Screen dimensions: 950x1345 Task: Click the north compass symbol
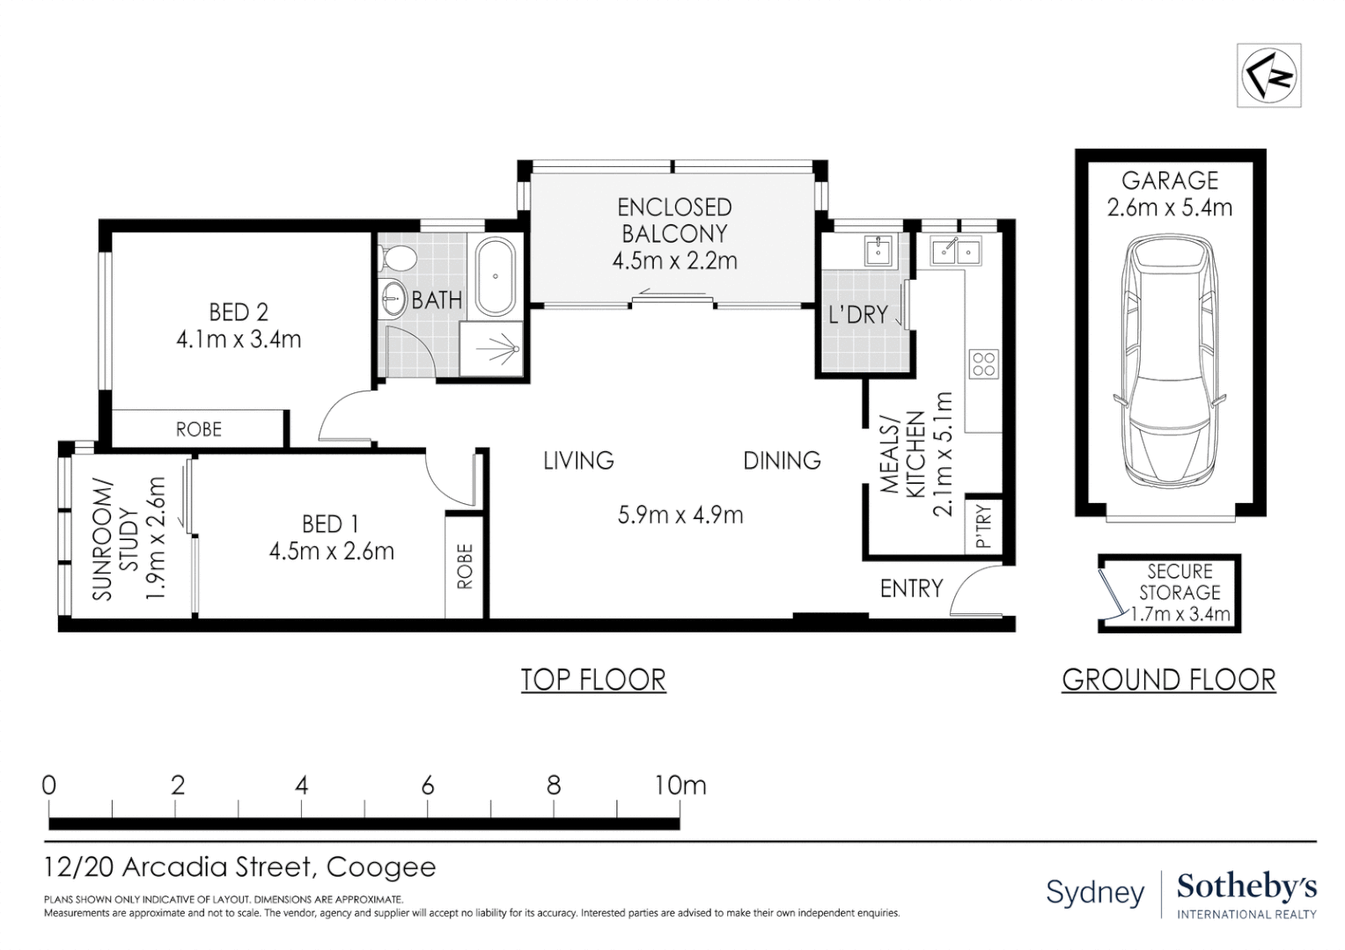(x=1268, y=76)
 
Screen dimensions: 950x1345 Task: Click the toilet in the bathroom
(x=400, y=258)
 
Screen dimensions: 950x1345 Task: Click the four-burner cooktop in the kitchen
(x=983, y=363)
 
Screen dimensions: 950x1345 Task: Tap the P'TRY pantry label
(x=984, y=526)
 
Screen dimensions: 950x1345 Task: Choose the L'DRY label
(x=857, y=314)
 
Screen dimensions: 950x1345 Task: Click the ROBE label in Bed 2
(x=199, y=429)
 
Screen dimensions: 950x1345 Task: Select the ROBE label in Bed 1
(x=465, y=566)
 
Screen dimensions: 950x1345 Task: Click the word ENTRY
(x=911, y=588)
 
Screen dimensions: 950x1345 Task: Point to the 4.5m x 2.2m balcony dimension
(x=674, y=260)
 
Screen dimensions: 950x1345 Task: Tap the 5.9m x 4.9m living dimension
(x=680, y=515)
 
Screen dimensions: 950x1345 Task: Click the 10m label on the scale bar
(x=680, y=785)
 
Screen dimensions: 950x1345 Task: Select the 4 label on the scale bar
(x=302, y=785)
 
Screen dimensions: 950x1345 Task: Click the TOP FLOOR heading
(x=593, y=680)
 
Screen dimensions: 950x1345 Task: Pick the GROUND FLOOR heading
(x=1168, y=680)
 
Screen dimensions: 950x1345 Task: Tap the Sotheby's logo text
(x=1246, y=888)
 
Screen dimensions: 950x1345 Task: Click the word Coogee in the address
(x=381, y=867)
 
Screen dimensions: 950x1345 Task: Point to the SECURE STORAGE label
(x=1180, y=582)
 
